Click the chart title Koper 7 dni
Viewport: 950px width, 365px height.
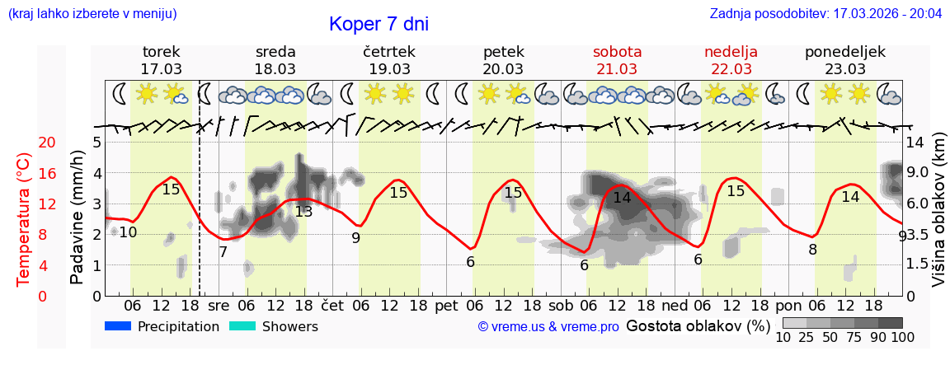pos(379,25)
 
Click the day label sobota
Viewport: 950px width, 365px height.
pos(617,52)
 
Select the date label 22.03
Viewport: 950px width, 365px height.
pos(731,69)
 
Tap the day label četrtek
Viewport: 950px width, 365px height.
pos(389,52)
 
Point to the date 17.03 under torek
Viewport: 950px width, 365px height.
pos(162,69)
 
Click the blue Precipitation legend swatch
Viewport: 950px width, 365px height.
pos(119,326)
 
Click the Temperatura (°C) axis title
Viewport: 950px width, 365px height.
pos(25,219)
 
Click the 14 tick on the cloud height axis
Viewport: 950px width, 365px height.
pos(915,143)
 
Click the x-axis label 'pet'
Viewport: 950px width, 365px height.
pos(446,305)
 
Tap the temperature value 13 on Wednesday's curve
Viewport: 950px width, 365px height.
pos(303,212)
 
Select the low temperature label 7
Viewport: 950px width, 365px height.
pos(223,252)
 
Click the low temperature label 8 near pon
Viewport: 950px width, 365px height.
pos(812,250)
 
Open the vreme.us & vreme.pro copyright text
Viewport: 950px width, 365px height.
pos(548,327)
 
